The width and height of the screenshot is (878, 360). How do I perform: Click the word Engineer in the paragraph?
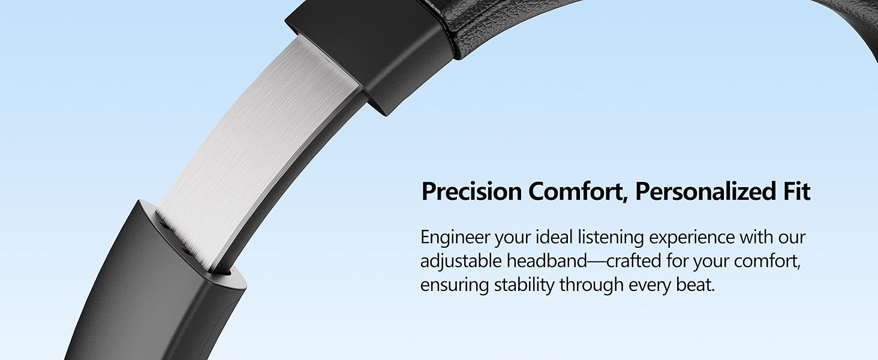[455, 238]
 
